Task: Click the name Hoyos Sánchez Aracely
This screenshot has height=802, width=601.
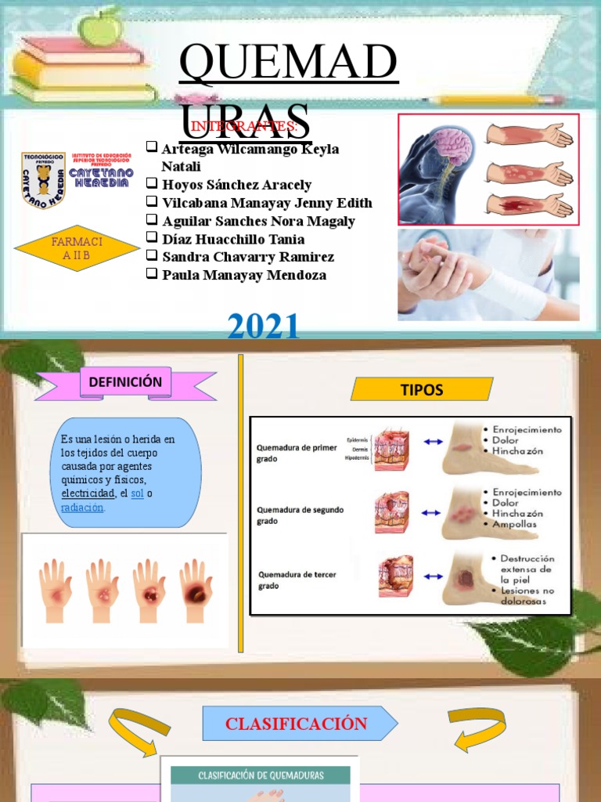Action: click(236, 185)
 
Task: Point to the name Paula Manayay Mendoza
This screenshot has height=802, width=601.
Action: click(243, 275)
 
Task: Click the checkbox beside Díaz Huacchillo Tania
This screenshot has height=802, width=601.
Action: click(152, 239)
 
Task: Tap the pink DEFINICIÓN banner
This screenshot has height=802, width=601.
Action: click(125, 383)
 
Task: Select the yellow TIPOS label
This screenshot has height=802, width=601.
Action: click(422, 389)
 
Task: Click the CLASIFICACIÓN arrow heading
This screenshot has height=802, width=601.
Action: click(297, 723)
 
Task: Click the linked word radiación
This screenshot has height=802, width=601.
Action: click(82, 507)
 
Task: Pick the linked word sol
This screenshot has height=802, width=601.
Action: click(137, 493)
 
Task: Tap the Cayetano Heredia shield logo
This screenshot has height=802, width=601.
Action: click(43, 180)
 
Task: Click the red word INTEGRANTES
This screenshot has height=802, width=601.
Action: click(244, 127)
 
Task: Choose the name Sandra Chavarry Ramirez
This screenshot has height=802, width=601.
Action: click(247, 257)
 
